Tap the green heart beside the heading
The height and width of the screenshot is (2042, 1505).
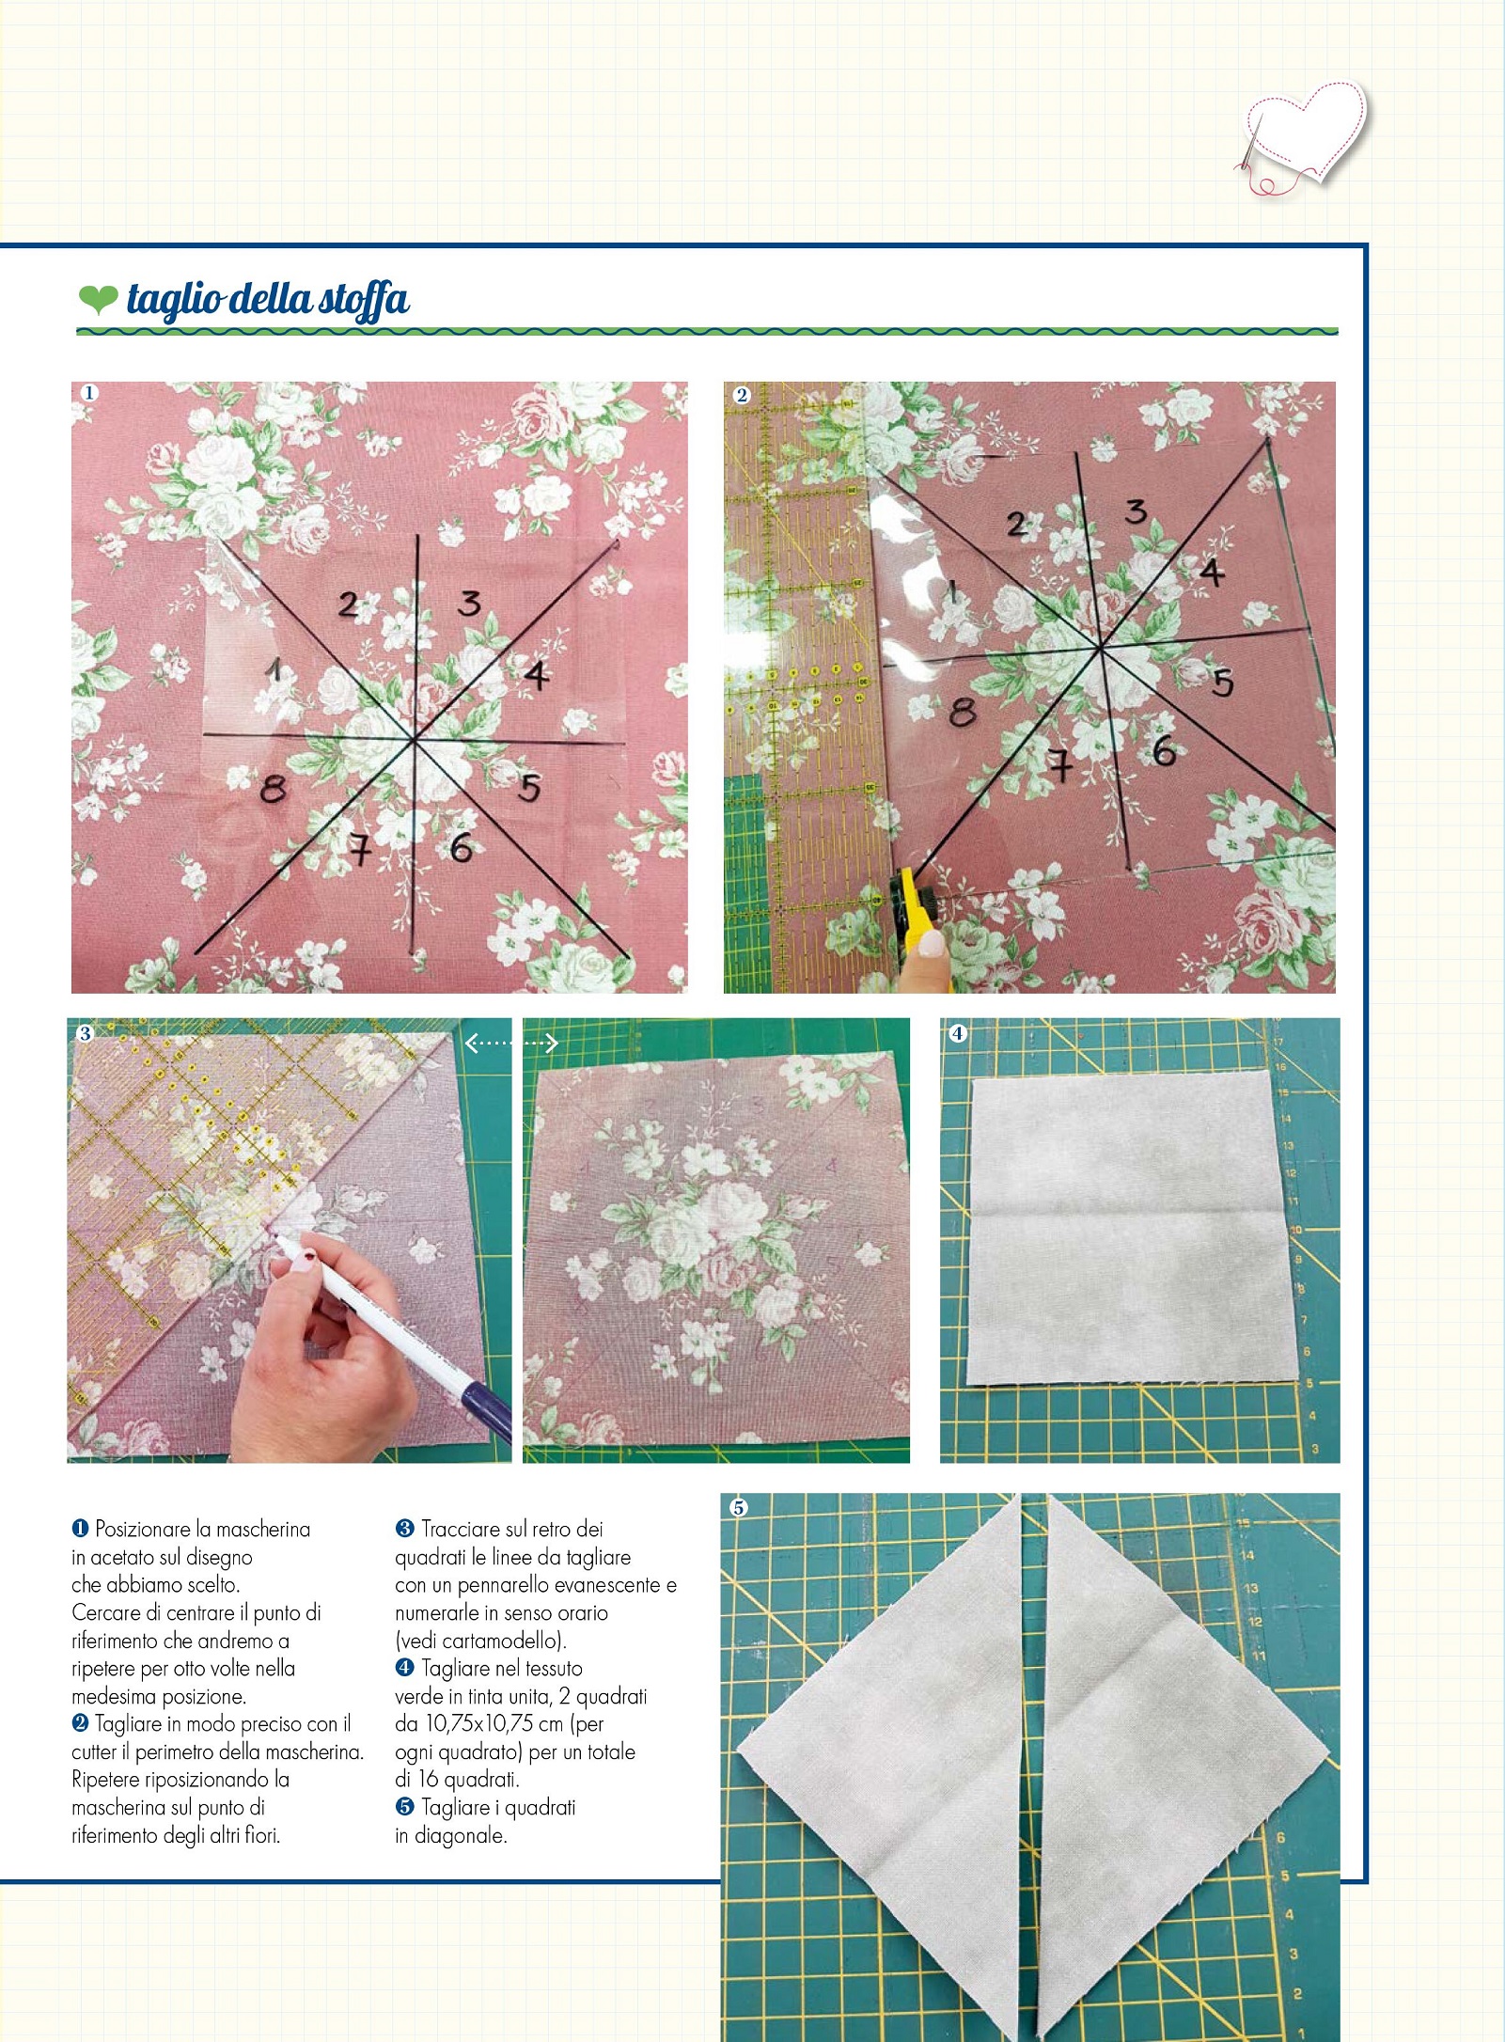click(98, 299)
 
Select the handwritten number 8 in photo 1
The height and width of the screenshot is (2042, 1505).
click(273, 788)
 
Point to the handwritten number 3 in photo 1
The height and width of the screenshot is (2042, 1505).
click(469, 603)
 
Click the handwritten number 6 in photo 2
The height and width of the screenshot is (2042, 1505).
click(1164, 750)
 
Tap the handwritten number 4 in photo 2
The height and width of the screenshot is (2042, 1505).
click(1212, 571)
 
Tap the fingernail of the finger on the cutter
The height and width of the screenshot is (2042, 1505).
click(932, 943)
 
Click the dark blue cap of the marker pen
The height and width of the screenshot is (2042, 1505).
click(487, 1410)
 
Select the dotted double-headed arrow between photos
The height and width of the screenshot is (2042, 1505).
click(512, 1042)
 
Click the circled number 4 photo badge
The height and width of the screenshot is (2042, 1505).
click(957, 1033)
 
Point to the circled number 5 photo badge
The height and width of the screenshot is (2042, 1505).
click(739, 1508)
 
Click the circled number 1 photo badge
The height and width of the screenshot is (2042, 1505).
click(88, 393)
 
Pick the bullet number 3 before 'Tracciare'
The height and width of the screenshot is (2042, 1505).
click(404, 1530)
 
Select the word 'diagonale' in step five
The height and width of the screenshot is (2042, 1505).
click(461, 1835)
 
